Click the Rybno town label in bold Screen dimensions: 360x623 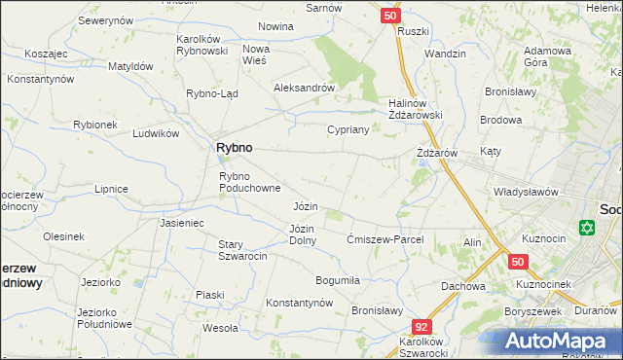(x=233, y=147)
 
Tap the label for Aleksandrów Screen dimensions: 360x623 (x=304, y=88)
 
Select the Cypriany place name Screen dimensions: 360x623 (x=347, y=129)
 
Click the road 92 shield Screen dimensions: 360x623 (x=421, y=328)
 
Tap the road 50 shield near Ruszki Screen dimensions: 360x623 (x=389, y=16)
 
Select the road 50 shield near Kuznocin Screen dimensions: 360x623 (x=517, y=262)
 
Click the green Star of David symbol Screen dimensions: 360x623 (x=585, y=229)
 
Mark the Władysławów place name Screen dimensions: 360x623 (x=526, y=192)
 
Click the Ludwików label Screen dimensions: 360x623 (x=157, y=133)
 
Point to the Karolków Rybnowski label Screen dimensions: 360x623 (x=201, y=45)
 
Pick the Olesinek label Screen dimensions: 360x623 (x=63, y=236)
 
